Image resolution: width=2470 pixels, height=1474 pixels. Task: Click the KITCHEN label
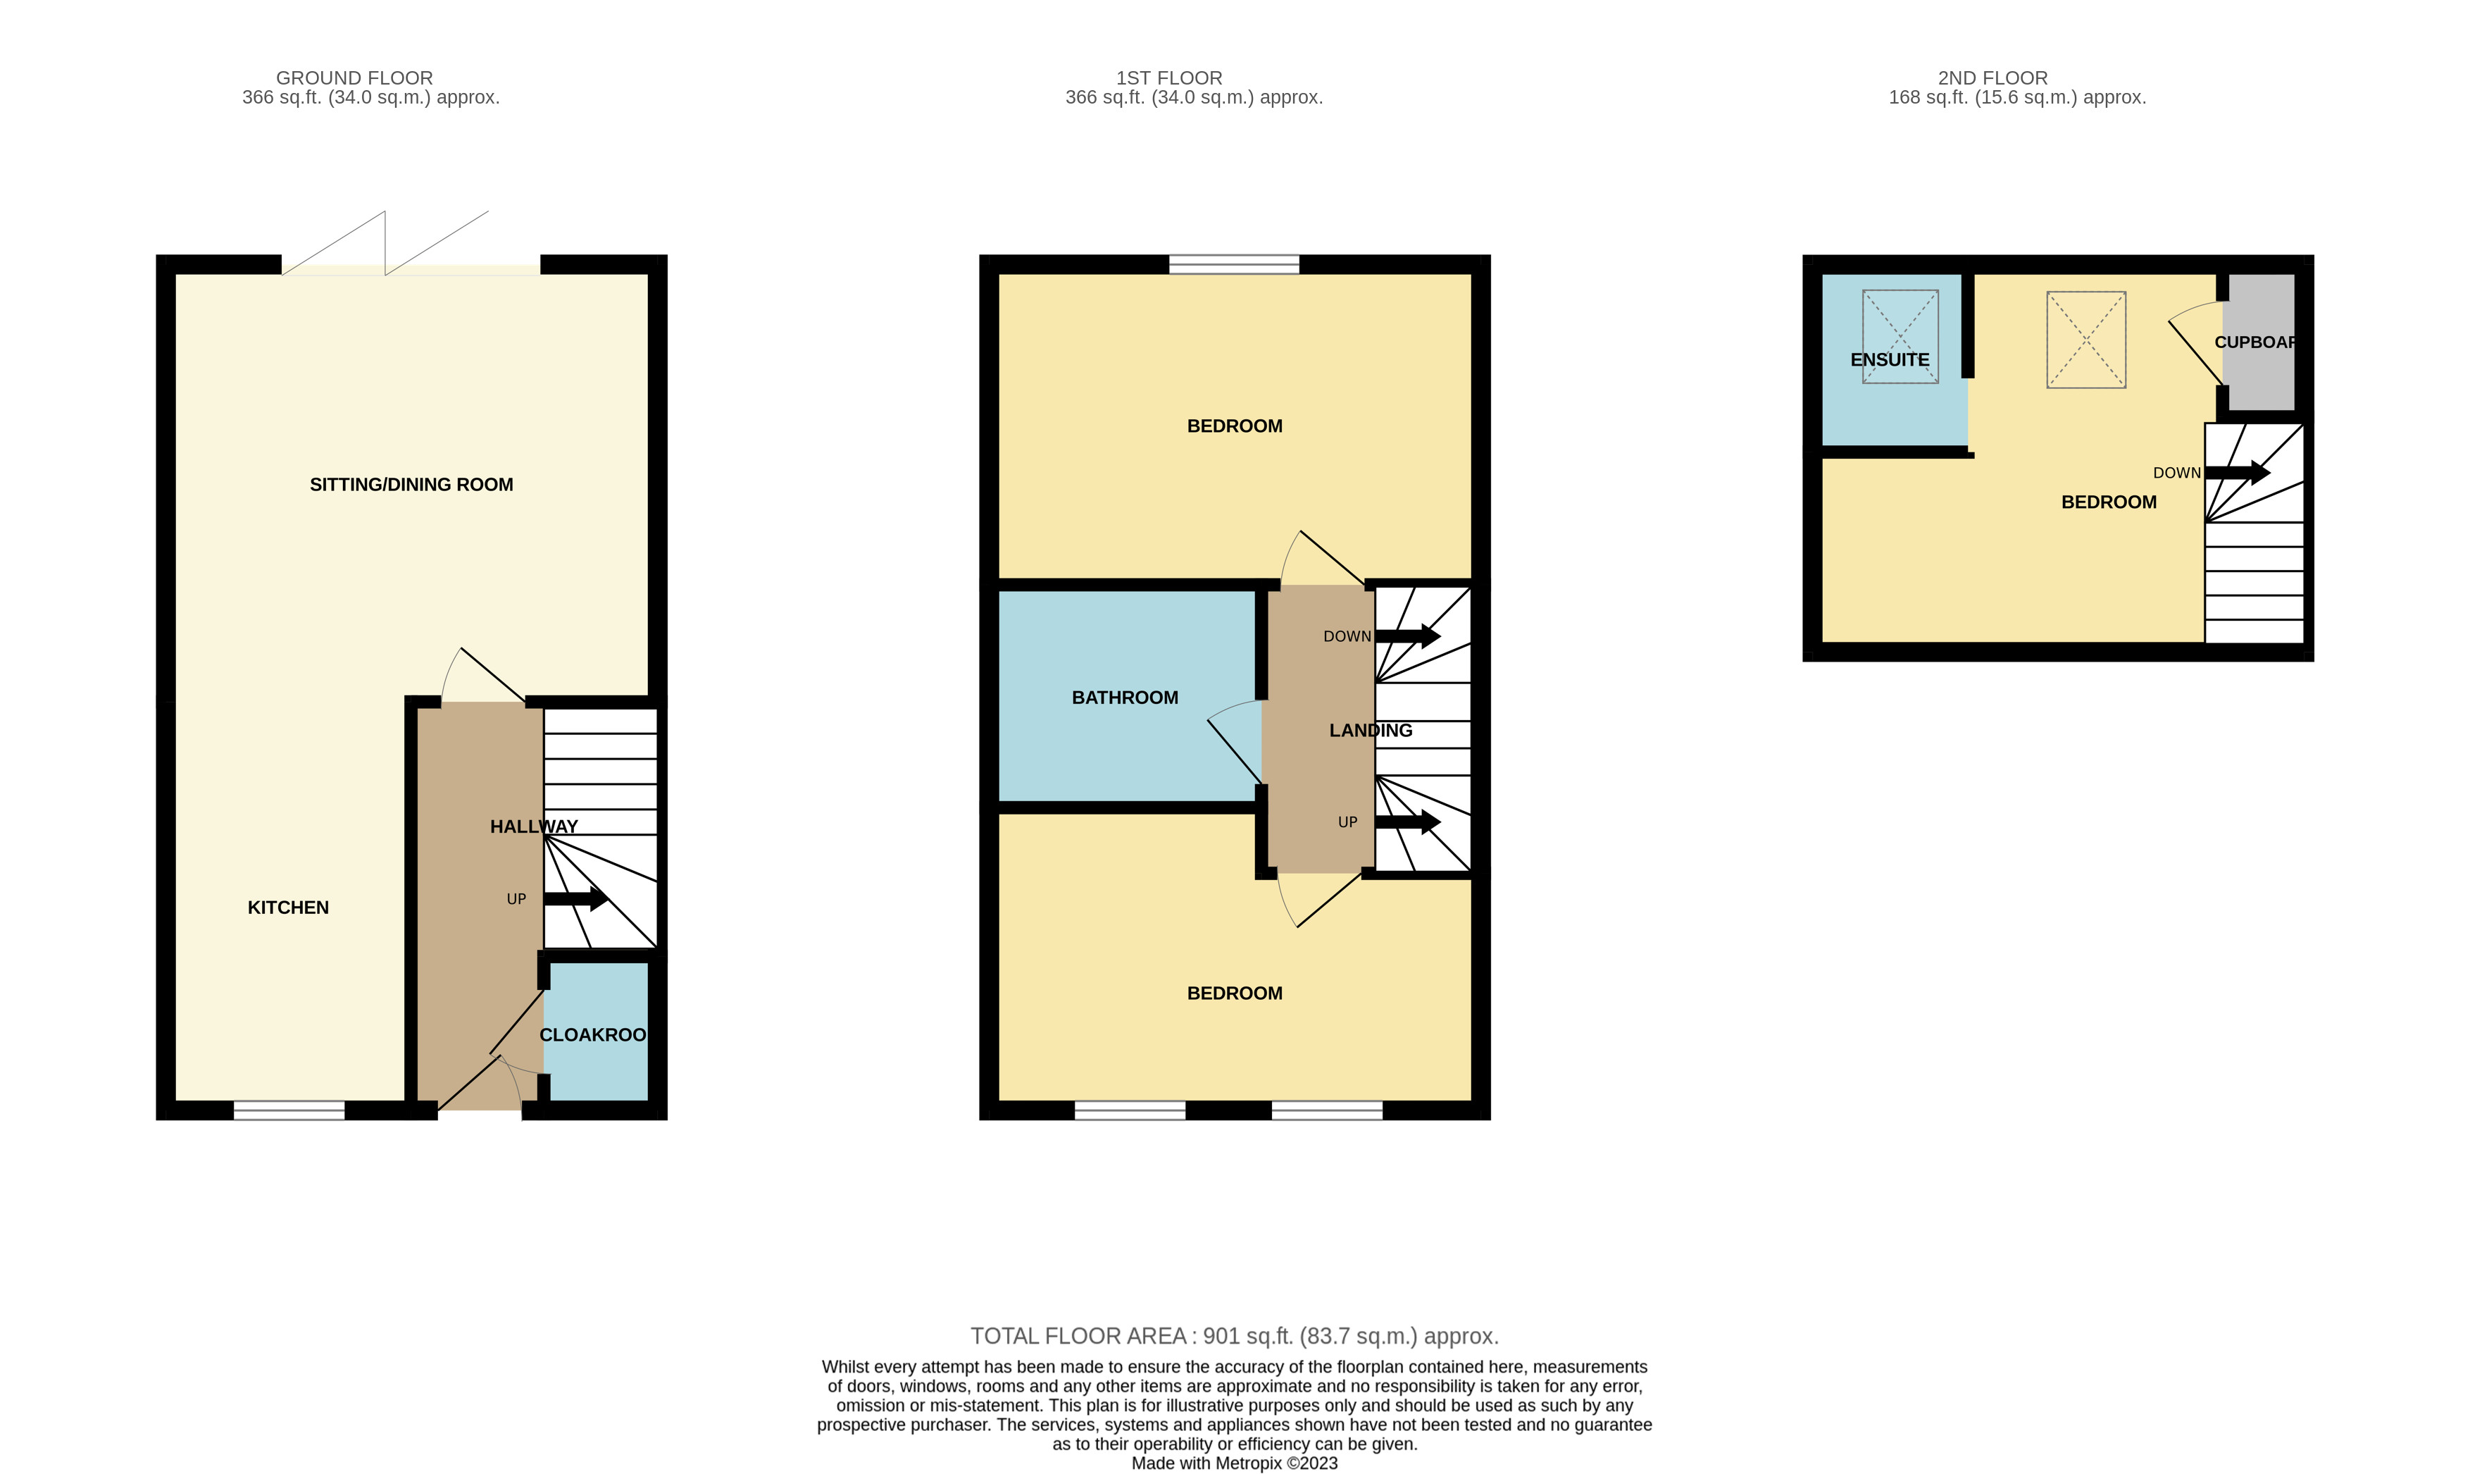(x=288, y=907)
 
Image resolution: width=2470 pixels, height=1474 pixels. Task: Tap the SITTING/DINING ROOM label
(x=411, y=485)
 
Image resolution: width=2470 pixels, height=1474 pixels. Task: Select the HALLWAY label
(x=533, y=826)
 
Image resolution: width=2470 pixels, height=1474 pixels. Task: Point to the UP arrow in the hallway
(x=576, y=900)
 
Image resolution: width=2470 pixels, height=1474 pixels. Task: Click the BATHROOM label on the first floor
(x=1125, y=698)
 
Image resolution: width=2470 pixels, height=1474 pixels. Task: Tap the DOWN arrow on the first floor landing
(x=1408, y=636)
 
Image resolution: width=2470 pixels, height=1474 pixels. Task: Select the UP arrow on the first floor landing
(x=1408, y=822)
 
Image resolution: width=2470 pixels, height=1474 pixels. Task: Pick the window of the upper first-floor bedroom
(x=1234, y=264)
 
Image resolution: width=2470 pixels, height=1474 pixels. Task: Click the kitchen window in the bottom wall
(x=289, y=1110)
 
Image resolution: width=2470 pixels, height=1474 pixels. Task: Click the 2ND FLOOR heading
(x=1992, y=78)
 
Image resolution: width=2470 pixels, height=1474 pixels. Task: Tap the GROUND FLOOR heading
(x=354, y=78)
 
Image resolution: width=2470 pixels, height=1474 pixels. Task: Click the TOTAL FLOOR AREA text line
(x=1234, y=1336)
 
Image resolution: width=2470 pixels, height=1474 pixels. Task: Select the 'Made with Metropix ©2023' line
(x=1234, y=1463)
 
